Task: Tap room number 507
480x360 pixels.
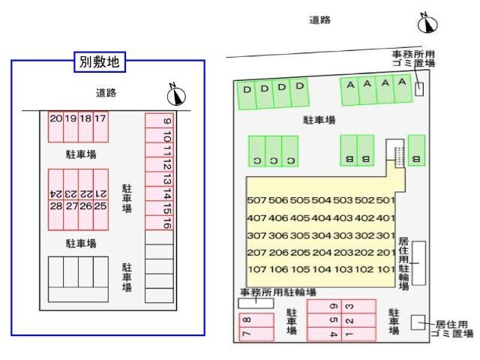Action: pyautogui.click(x=256, y=200)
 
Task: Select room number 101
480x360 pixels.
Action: pyautogui.click(x=385, y=269)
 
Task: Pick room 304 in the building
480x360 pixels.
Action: pyautogui.click(x=321, y=235)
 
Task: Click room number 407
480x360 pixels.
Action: pyautogui.click(x=256, y=218)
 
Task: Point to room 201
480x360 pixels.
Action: pyautogui.click(x=385, y=253)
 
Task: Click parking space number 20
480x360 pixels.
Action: pyautogui.click(x=55, y=118)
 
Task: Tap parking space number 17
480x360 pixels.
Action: pyautogui.click(x=100, y=118)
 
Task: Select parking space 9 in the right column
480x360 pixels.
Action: pyautogui.click(x=166, y=121)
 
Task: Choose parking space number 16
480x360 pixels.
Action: pyautogui.click(x=166, y=223)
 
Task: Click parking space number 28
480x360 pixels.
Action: pyautogui.click(x=55, y=205)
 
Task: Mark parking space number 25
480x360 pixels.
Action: pyautogui.click(x=100, y=205)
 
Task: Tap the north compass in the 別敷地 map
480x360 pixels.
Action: pyautogui.click(x=178, y=94)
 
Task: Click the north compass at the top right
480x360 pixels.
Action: pyautogui.click(x=427, y=23)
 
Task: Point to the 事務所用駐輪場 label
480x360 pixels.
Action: pyautogui.click(x=278, y=292)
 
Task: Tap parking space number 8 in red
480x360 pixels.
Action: pyautogui.click(x=247, y=319)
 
